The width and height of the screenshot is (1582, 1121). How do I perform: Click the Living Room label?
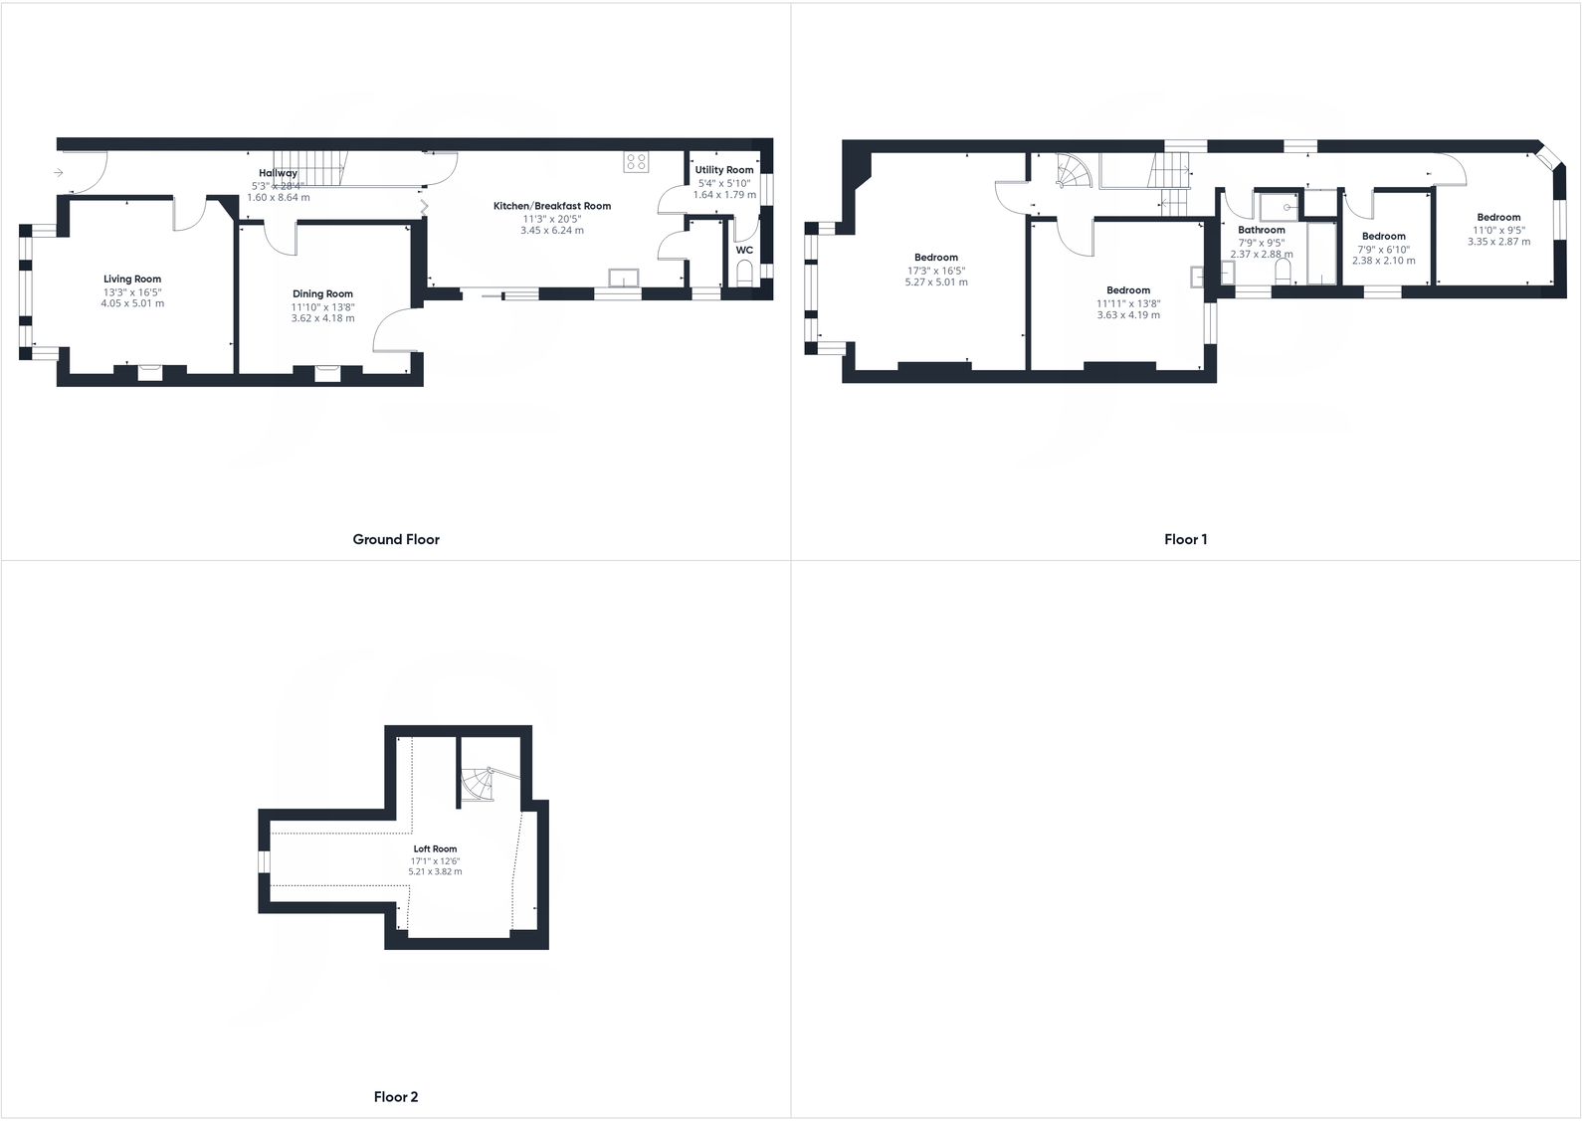pos(132,280)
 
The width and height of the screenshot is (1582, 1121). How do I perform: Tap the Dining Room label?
pos(322,294)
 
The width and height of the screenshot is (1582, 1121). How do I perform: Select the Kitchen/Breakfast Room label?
pos(552,206)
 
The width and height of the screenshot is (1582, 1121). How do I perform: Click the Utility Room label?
pos(724,170)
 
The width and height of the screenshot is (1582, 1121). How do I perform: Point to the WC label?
pos(744,251)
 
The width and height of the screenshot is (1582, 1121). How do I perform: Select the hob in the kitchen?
pos(637,162)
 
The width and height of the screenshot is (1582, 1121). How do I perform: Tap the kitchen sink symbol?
pos(625,279)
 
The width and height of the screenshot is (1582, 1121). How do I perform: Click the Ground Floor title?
pos(396,539)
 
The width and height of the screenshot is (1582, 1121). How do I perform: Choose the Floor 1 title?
pos(1185,539)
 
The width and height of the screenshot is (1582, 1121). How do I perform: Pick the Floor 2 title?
pos(396,1096)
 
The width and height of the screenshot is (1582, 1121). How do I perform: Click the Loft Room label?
pos(435,849)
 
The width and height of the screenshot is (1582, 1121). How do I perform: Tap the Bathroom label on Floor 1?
pos(1262,230)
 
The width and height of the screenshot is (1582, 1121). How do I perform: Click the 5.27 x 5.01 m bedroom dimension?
pos(935,282)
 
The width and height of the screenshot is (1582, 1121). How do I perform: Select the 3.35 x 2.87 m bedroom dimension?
pos(1498,242)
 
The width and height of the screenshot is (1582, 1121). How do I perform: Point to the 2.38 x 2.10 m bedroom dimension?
pos(1383,261)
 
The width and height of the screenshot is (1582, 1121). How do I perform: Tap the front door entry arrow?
pos(59,173)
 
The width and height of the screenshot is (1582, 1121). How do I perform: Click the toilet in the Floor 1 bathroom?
pos(1282,273)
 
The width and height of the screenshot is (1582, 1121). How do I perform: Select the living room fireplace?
pos(149,372)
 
